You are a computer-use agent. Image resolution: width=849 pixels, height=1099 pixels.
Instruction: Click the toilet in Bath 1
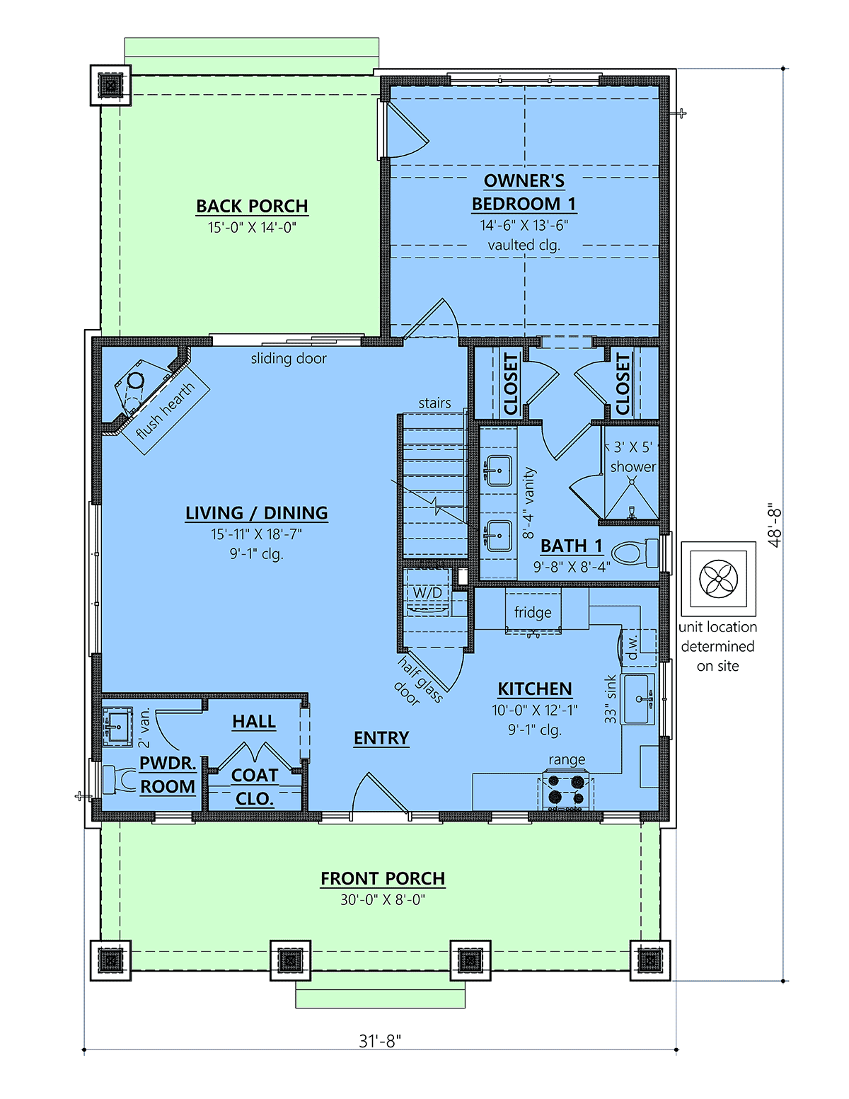point(635,553)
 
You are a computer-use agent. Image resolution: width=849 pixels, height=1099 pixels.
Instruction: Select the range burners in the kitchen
point(566,790)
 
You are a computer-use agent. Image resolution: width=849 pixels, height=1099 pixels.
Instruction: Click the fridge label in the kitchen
point(533,612)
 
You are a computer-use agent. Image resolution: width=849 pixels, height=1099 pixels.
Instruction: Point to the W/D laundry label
point(427,592)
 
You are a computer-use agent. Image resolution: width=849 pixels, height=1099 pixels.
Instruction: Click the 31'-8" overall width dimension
point(380,1041)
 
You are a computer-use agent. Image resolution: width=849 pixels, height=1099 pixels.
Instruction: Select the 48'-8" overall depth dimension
point(774,524)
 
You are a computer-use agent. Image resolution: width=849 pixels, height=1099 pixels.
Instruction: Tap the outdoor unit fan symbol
point(719,579)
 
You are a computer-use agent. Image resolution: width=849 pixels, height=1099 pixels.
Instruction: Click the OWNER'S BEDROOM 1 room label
point(524,192)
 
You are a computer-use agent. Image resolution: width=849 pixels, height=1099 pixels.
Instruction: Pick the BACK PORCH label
point(252,206)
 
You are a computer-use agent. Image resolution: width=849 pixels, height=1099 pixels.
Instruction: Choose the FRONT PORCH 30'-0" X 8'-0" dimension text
point(383,899)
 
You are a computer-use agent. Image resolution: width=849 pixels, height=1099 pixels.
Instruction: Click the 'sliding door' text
point(289,359)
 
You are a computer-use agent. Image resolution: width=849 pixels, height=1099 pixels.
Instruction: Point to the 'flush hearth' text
point(165,410)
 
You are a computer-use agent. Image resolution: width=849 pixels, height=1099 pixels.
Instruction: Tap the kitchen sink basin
point(637,699)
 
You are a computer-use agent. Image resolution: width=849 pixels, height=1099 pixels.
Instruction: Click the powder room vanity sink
point(117,727)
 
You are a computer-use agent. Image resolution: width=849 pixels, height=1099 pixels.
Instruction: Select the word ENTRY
point(381,738)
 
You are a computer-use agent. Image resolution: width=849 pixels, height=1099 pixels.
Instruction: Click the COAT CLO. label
point(254,787)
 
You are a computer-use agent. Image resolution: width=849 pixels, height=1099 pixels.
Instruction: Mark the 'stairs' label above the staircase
point(435,403)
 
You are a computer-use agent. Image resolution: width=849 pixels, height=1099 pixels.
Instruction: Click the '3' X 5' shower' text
point(633,456)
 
